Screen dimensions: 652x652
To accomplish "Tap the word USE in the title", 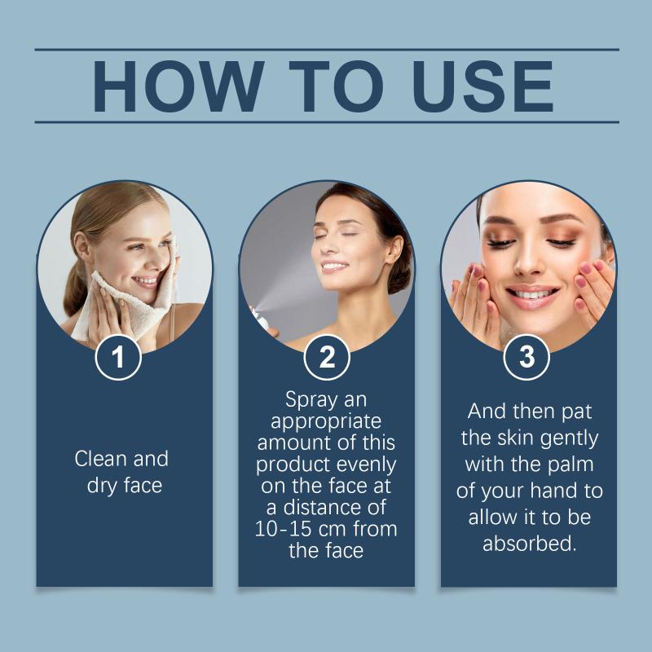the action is [x=482, y=86].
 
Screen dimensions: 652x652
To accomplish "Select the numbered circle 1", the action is [x=118, y=357].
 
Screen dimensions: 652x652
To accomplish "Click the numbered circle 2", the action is [x=327, y=357].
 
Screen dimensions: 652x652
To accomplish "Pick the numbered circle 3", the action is [x=526, y=357].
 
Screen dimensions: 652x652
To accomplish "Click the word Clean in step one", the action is [x=101, y=459].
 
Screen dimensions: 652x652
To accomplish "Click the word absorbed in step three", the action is [x=529, y=544].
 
